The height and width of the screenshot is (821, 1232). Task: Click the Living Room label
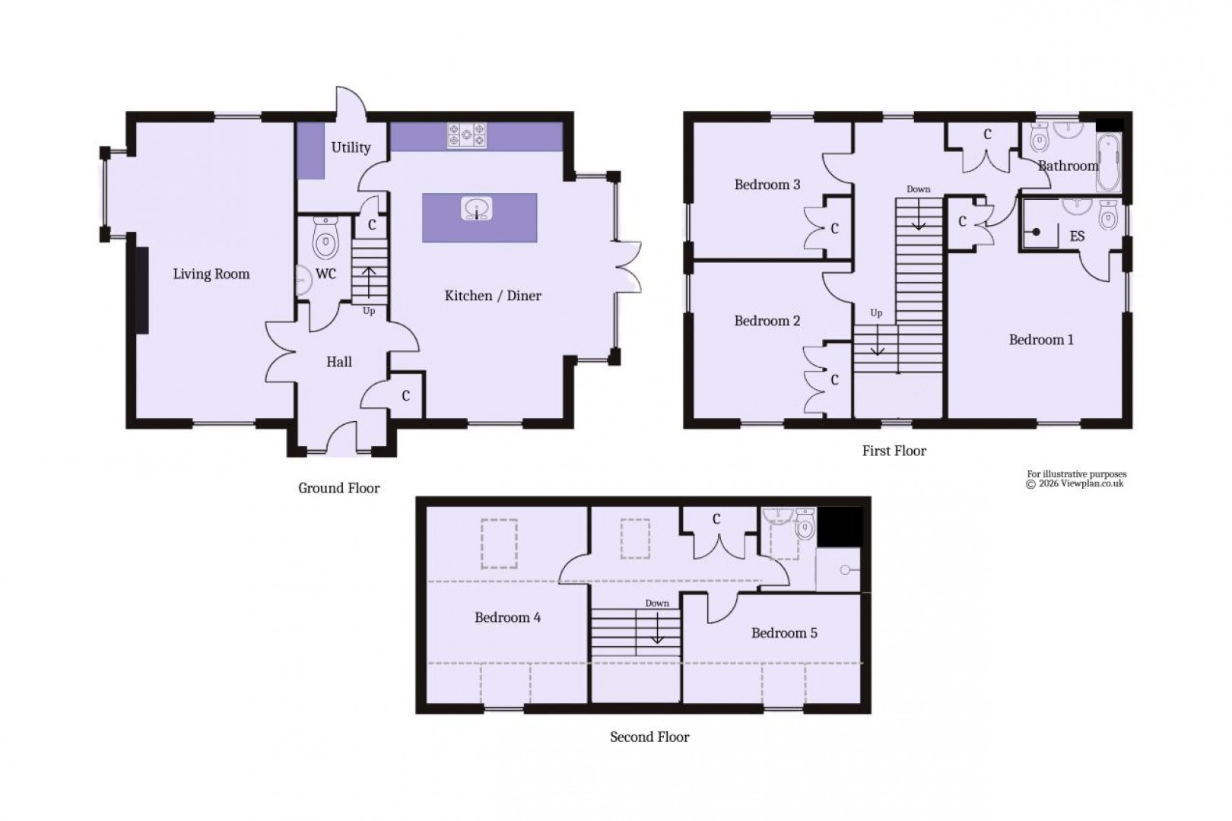click(211, 274)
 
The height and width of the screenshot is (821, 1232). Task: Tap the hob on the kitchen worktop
click(466, 135)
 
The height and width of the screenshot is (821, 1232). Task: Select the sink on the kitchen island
click(478, 208)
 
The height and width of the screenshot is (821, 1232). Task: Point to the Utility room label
click(351, 147)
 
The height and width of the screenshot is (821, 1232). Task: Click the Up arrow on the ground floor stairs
click(369, 283)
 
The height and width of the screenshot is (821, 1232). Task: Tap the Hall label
click(339, 363)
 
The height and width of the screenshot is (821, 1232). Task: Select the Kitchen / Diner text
click(493, 296)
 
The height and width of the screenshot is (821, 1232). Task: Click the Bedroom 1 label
click(1041, 340)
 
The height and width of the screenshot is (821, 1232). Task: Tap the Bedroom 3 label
click(767, 185)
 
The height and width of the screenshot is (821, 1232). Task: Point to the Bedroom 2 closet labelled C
click(834, 379)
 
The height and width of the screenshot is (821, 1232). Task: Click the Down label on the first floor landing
click(918, 189)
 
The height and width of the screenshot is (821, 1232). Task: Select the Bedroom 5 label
click(784, 633)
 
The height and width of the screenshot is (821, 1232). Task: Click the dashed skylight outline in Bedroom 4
click(499, 544)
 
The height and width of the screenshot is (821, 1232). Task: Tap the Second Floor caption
click(649, 737)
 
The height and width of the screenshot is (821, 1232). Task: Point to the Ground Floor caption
click(338, 488)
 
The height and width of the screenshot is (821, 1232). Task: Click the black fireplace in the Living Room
click(142, 290)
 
